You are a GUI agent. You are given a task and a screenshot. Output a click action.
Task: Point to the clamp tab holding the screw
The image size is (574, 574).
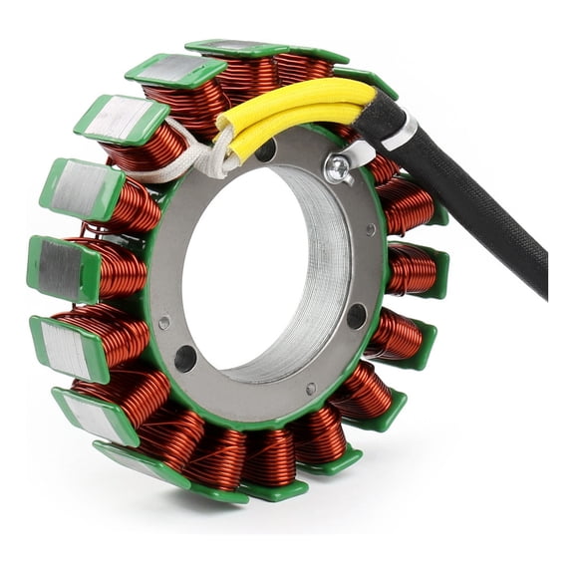click(351, 159)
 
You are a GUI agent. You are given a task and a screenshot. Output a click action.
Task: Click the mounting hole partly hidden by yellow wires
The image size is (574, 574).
click(266, 150)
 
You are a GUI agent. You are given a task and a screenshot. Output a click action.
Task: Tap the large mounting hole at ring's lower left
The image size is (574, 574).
click(185, 358)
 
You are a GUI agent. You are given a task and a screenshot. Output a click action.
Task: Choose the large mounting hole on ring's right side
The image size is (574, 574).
click(356, 316)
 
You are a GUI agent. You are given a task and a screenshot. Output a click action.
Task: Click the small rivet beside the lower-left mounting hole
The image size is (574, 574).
click(164, 323)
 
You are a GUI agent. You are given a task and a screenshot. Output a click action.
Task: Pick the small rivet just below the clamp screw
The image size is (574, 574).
click(370, 229)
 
